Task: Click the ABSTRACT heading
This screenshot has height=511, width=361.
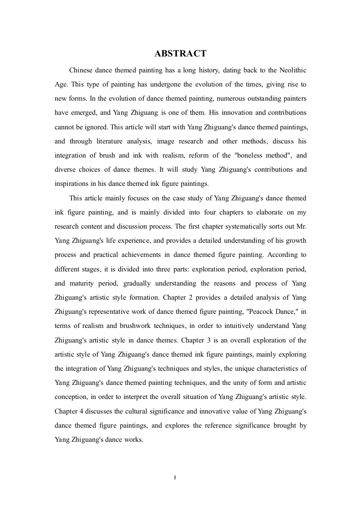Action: (x=180, y=54)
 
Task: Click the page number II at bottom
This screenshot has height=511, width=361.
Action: (x=175, y=477)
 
